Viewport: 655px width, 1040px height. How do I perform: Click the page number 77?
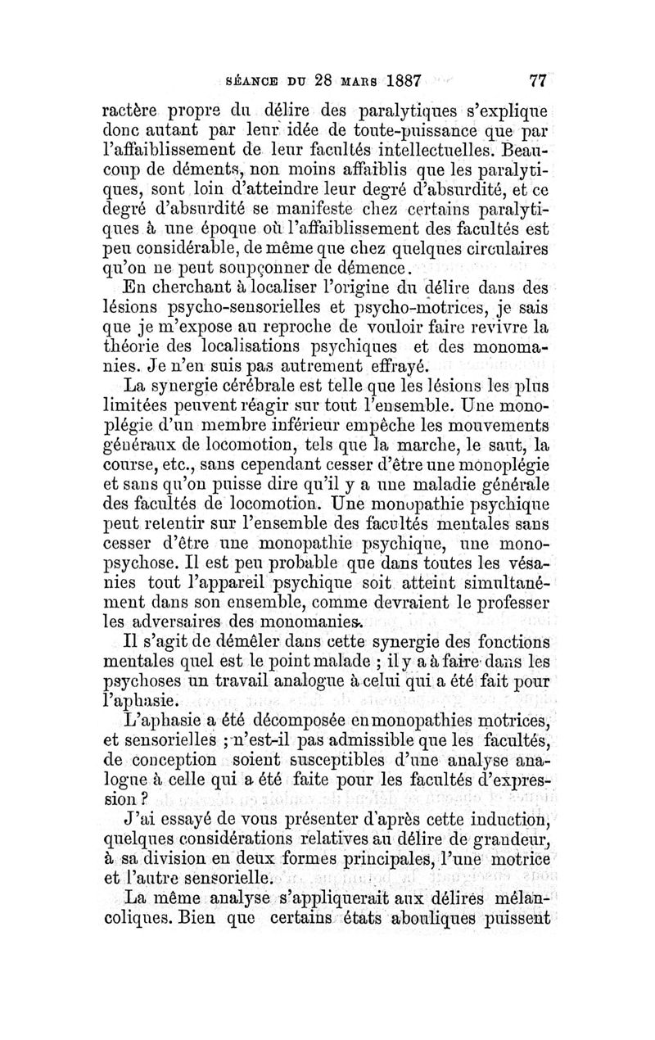tap(538, 81)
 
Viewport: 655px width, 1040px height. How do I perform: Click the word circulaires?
tap(501, 246)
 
